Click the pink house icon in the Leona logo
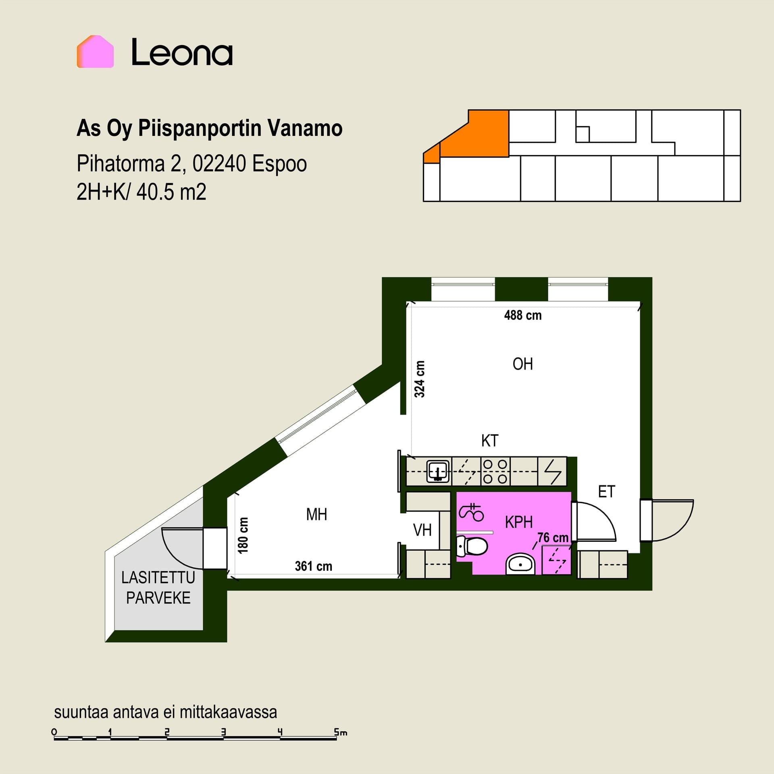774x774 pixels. click(x=95, y=52)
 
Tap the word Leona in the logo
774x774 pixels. click(x=182, y=52)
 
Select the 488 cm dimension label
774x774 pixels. click(x=523, y=315)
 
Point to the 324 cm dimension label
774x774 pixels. click(x=420, y=379)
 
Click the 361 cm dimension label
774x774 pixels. click(x=314, y=566)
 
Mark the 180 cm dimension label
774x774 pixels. click(x=243, y=535)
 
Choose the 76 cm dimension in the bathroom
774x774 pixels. click(x=553, y=537)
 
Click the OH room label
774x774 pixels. click(x=522, y=364)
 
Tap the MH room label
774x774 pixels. click(x=316, y=514)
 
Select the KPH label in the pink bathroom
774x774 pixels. click(x=519, y=522)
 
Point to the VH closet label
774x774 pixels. click(x=422, y=530)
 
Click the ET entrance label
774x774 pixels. click(x=607, y=492)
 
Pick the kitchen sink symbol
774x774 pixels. click(x=438, y=471)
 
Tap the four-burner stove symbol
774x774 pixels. click(x=495, y=471)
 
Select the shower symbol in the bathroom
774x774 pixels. click(x=471, y=512)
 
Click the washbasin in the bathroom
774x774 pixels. click(x=520, y=564)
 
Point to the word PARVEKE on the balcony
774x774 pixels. click(x=158, y=598)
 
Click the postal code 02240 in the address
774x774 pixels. click(x=219, y=164)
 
